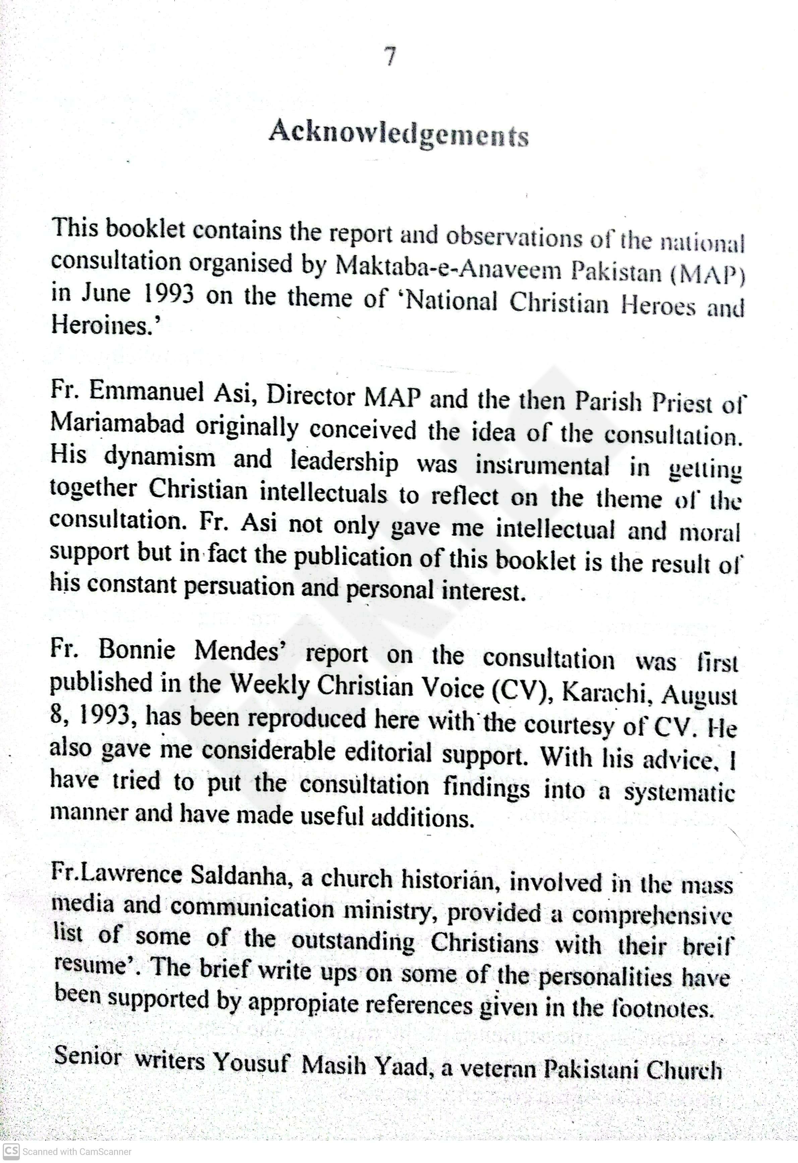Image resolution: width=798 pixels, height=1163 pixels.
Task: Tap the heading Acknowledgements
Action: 398,134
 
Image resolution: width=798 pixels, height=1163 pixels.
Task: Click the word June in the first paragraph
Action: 106,293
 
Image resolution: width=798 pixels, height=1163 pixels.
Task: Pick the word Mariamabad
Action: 118,424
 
